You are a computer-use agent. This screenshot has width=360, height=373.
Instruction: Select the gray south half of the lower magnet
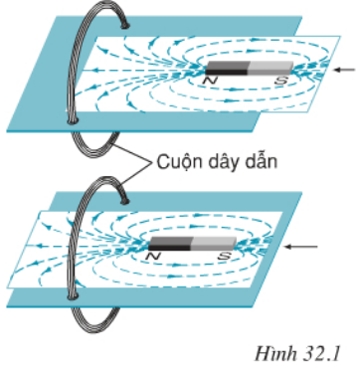[x=212, y=243]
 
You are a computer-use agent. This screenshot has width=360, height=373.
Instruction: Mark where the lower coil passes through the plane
[x=72, y=293]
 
